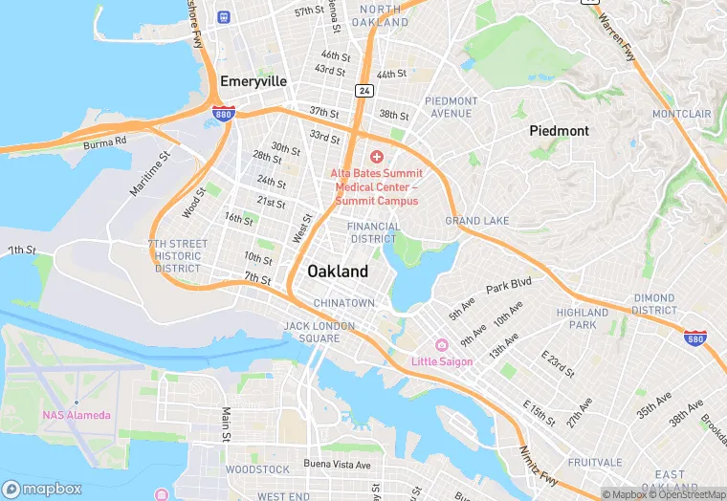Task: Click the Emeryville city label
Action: (253, 81)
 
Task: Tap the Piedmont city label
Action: (560, 130)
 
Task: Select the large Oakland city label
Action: (338, 272)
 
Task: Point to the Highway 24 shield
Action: (364, 91)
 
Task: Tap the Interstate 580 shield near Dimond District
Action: (696, 338)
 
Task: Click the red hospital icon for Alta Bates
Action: (377, 156)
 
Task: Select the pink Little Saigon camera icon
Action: (441, 344)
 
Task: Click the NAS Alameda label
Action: (77, 414)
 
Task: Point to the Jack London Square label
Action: (319, 332)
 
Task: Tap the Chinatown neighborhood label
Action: (344, 303)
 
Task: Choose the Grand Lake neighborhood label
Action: (477, 221)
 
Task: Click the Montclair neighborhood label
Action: (681, 114)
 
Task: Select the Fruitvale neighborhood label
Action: (594, 462)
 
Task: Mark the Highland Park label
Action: (582, 318)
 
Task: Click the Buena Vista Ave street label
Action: (336, 465)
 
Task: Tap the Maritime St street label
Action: (150, 173)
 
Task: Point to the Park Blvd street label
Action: (508, 286)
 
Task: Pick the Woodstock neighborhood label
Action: (257, 469)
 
